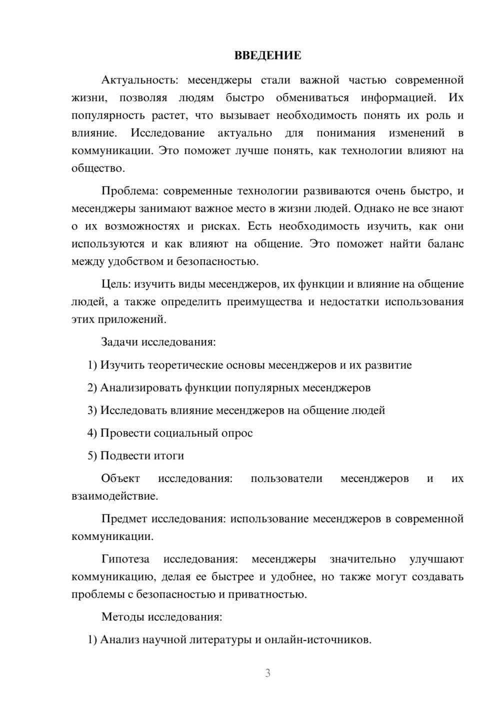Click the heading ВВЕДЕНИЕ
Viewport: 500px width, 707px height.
267,55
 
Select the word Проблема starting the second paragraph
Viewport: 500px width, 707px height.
129,191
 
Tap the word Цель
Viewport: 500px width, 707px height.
115,284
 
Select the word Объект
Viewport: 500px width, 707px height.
120,478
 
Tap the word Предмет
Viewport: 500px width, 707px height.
124,519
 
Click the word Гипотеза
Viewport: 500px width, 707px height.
125,559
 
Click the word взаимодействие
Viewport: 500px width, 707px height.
114,496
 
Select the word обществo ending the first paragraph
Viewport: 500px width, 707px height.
97,168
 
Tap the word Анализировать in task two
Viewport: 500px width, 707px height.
141,388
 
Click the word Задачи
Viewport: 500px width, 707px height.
119,342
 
